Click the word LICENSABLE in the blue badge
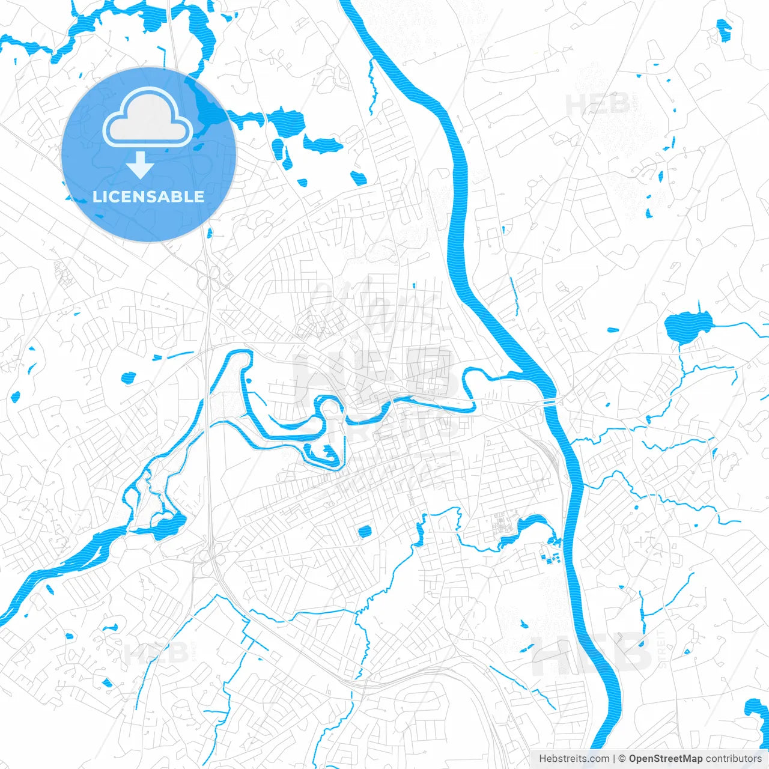click(x=148, y=196)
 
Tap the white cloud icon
click(x=148, y=117)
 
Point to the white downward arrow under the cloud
click(x=140, y=165)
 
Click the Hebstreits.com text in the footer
click(x=574, y=759)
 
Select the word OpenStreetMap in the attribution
click(x=665, y=759)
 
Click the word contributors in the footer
click(x=733, y=759)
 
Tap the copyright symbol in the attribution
click(x=622, y=759)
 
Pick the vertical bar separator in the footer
click(x=613, y=759)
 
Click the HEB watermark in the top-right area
click(x=598, y=105)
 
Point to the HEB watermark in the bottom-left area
click(x=155, y=654)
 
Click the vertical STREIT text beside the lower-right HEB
click(x=663, y=649)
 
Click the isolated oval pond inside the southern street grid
click(x=364, y=531)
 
